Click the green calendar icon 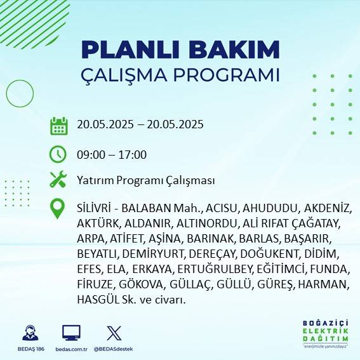(x=58, y=125)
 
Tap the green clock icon (x=58, y=154)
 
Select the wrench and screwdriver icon (x=58, y=180)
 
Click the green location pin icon (x=58, y=209)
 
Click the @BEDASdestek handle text (x=114, y=349)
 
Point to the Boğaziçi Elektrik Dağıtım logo (x=326, y=333)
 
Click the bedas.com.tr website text (x=70, y=349)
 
